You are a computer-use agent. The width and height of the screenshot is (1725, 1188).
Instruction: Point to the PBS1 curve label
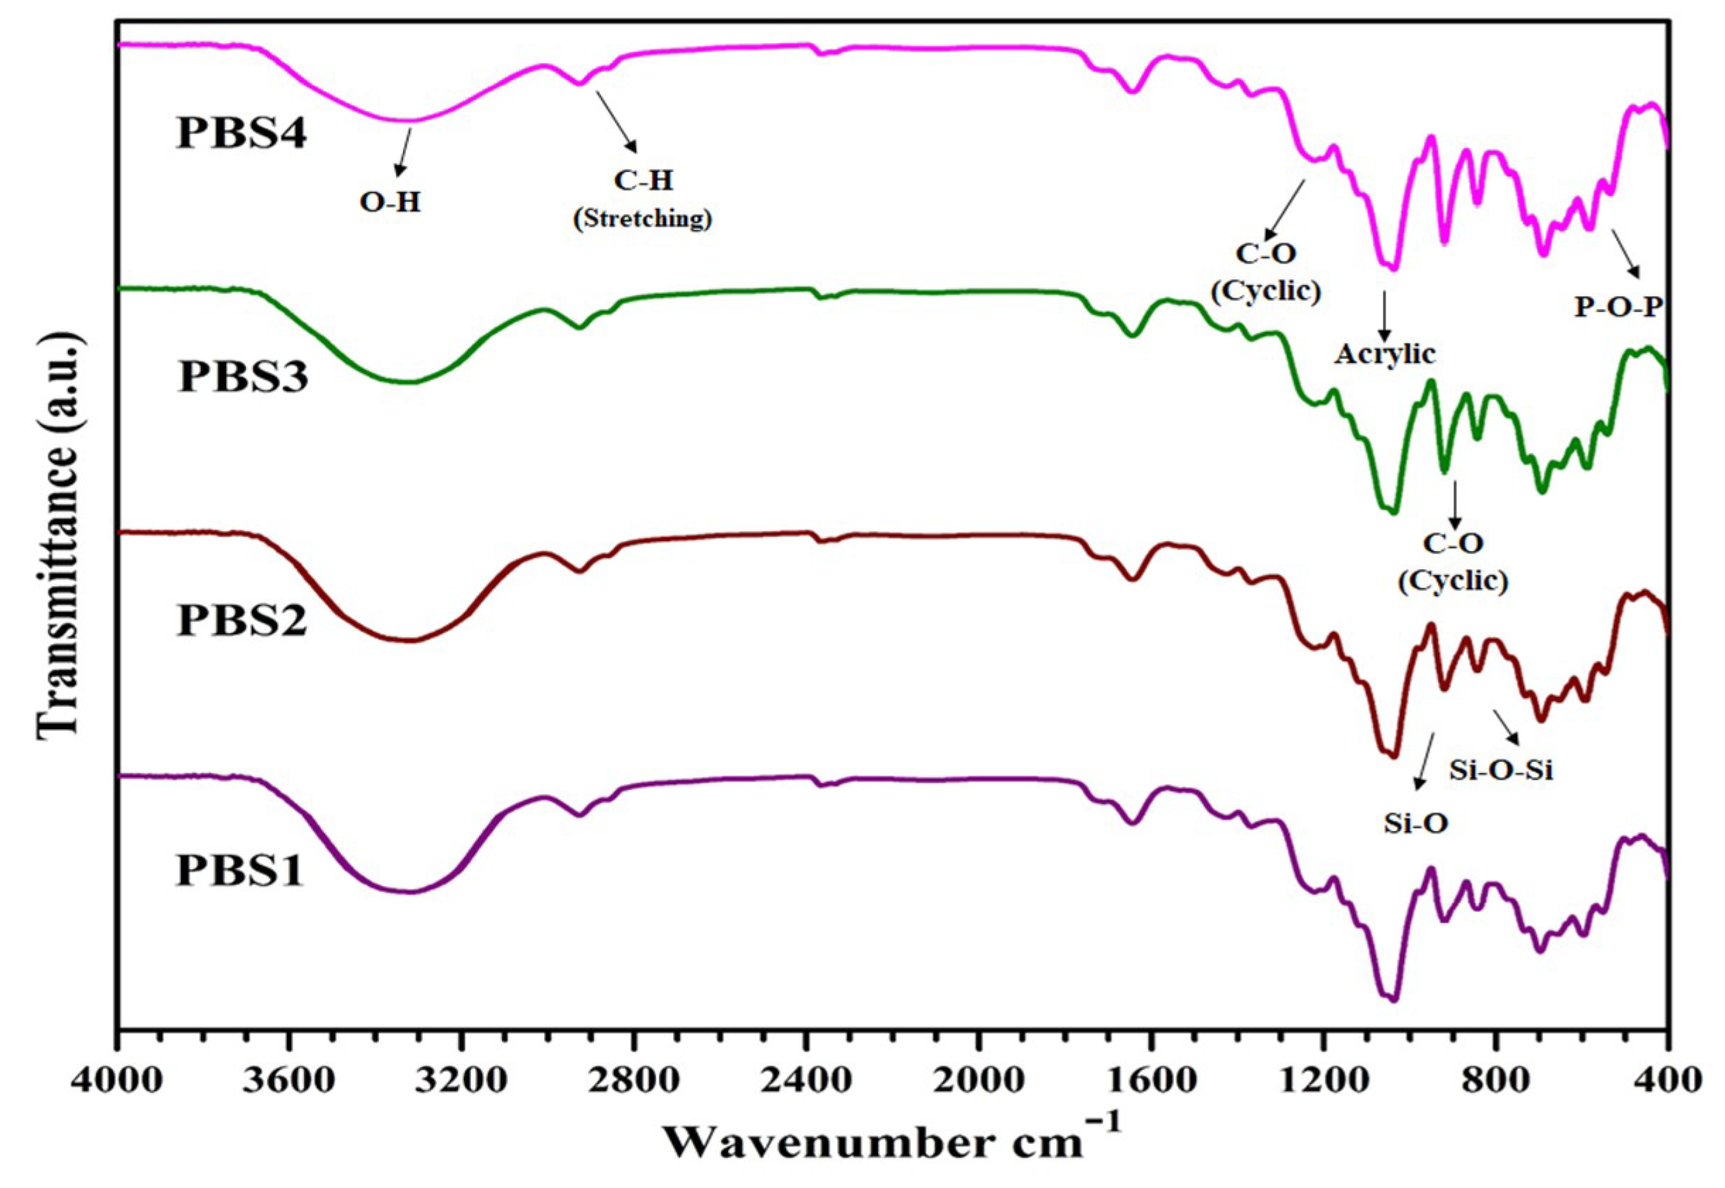pos(240,871)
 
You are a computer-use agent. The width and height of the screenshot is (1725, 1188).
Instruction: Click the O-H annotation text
pos(390,202)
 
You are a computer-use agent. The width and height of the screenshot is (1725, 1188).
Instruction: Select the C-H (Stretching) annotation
pos(643,199)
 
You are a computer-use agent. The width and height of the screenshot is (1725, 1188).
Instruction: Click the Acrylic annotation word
pos(1384,354)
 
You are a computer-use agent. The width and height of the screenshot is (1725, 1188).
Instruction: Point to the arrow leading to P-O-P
pos(1625,254)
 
